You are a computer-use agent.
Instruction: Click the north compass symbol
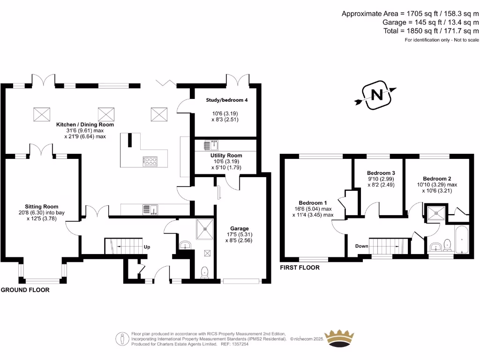point(376,95)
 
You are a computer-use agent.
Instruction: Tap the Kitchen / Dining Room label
point(85,125)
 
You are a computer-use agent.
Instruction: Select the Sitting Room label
point(42,206)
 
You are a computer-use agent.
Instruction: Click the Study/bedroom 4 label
point(227,100)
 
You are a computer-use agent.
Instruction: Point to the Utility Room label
point(226,155)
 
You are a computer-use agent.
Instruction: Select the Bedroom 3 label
point(377,173)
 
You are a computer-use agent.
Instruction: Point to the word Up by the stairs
point(147,247)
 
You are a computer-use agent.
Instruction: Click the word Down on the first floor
point(361,246)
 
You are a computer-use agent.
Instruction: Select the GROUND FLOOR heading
point(25,290)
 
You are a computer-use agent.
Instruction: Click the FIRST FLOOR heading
point(300,268)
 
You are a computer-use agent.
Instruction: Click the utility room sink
point(209,145)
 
